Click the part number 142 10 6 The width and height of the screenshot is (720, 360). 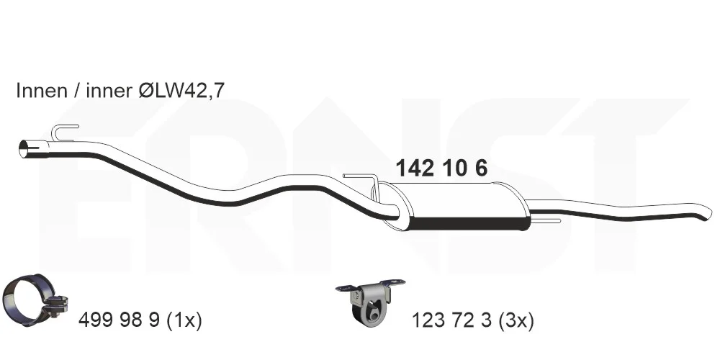click(x=441, y=168)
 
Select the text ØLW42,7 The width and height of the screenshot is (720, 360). click(x=181, y=91)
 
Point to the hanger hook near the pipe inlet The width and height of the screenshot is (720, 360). click(x=63, y=131)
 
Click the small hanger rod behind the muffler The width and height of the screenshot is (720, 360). click(x=546, y=221)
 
